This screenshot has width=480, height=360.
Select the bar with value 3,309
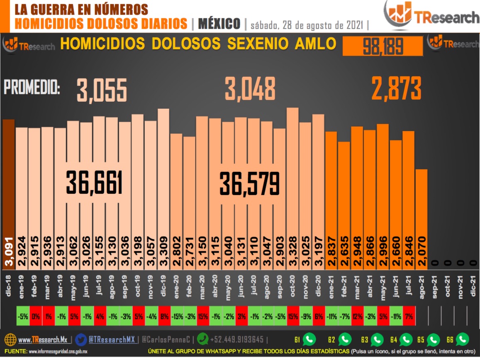click(163, 187)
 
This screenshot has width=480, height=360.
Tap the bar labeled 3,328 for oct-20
click(292, 187)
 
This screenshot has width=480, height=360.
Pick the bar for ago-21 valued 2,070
click(421, 216)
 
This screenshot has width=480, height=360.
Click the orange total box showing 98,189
click(383, 46)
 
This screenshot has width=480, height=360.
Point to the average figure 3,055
click(102, 90)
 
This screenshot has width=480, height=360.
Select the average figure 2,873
click(396, 88)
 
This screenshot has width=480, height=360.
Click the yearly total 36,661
click(95, 184)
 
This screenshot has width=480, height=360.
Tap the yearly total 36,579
click(250, 184)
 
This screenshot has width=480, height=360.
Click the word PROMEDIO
click(32, 88)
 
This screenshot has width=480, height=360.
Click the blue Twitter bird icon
click(82, 340)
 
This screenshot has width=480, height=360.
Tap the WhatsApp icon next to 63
click(377, 340)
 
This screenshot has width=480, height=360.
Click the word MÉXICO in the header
click(219, 24)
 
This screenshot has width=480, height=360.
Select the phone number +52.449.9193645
click(236, 340)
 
